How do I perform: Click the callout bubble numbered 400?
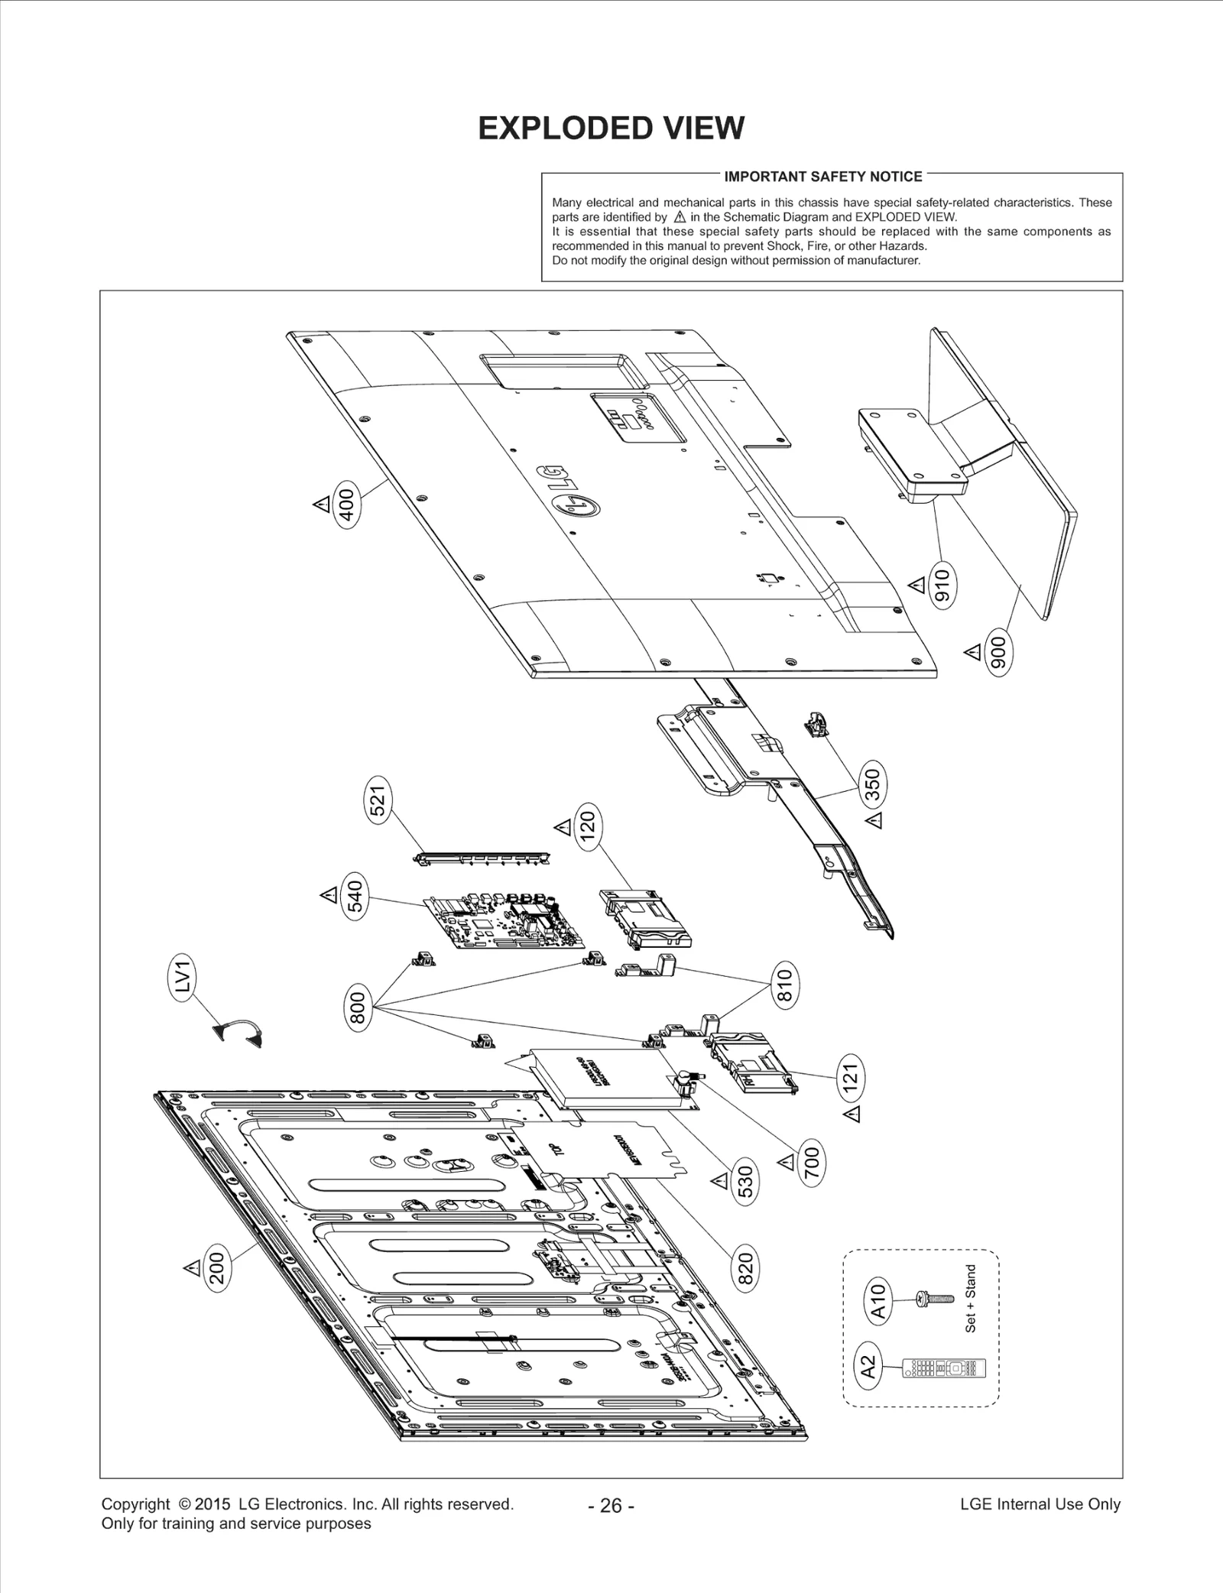point(347,505)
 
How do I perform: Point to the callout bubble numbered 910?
point(942,585)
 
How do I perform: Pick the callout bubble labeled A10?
point(879,1302)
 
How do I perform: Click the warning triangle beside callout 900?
point(972,652)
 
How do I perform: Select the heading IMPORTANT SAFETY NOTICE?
point(823,177)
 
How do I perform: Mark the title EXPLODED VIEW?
point(611,128)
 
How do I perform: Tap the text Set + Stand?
point(971,1299)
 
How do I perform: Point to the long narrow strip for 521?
point(482,858)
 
